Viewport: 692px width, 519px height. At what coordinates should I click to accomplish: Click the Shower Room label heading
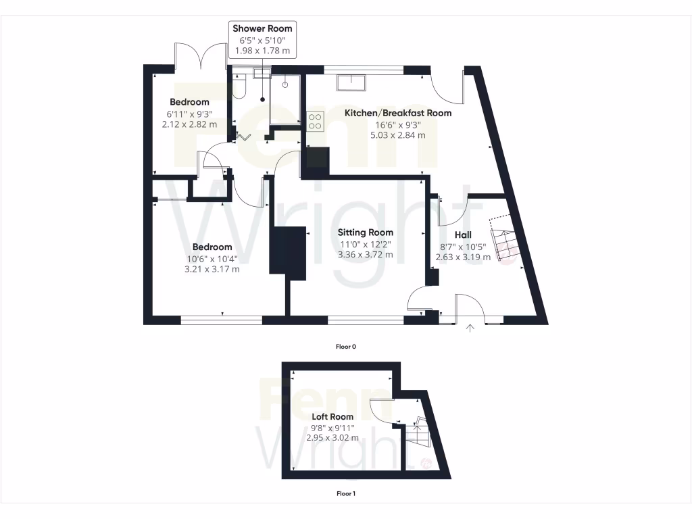[262, 28]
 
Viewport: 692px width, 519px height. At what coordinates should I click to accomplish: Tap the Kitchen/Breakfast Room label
[397, 113]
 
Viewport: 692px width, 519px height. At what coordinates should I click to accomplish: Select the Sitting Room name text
[366, 232]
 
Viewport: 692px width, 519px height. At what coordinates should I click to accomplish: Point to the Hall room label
[463, 234]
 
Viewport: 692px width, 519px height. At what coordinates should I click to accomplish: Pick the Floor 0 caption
[345, 347]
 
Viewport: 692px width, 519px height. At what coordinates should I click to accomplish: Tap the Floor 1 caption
[345, 493]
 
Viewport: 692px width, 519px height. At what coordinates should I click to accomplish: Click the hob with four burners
[315, 121]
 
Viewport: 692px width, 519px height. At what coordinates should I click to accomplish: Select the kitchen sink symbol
[352, 82]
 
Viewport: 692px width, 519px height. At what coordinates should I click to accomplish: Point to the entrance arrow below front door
[470, 328]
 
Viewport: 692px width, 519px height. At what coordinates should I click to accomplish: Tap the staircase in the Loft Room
[418, 435]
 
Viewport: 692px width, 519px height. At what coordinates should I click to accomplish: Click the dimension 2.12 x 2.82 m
[189, 124]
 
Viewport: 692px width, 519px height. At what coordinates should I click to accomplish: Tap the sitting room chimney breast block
[288, 250]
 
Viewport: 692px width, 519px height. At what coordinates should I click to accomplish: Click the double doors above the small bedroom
[200, 57]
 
